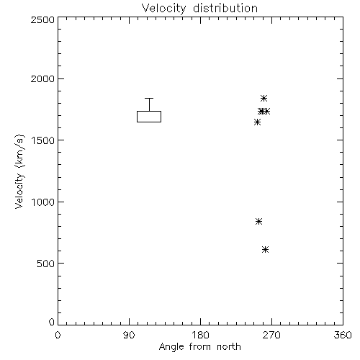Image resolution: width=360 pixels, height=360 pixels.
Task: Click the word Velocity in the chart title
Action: pyautogui.click(x=164, y=9)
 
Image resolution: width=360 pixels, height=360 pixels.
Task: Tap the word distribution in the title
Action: pyautogui.click(x=225, y=8)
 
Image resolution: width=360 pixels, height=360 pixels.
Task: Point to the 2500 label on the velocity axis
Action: pyautogui.click(x=42, y=19)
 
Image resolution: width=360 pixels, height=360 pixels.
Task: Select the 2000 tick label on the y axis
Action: pyautogui.click(x=42, y=78)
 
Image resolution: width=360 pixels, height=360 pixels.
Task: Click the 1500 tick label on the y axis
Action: pyautogui.click(x=43, y=140)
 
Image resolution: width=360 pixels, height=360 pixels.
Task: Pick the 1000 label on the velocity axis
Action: pyautogui.click(x=43, y=202)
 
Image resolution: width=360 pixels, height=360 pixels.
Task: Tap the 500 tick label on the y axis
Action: pyautogui.click(x=46, y=264)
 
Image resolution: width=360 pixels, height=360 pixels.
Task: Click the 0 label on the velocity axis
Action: pyautogui.click(x=52, y=322)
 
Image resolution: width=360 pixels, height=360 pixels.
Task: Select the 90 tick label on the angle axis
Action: pyautogui.click(x=129, y=335)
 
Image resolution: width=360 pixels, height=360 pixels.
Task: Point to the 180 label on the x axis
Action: pyautogui.click(x=200, y=335)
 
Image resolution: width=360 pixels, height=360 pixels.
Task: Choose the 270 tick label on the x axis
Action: pyautogui.click(x=271, y=335)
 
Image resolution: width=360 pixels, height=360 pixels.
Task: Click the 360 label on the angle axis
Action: pyautogui.click(x=343, y=335)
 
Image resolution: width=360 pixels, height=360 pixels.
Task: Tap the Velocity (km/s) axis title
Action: pyautogui.click(x=19, y=171)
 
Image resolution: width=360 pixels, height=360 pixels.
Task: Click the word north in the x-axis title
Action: pyautogui.click(x=229, y=347)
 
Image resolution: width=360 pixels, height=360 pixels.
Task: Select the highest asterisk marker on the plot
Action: pyautogui.click(x=264, y=98)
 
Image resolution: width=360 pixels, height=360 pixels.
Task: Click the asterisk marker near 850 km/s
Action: pyautogui.click(x=258, y=221)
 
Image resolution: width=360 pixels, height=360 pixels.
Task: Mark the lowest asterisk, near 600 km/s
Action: pyautogui.click(x=265, y=250)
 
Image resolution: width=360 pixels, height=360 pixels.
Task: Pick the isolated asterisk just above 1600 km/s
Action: pyautogui.click(x=257, y=122)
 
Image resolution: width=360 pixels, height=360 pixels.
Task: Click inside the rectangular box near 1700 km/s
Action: pyautogui.click(x=149, y=117)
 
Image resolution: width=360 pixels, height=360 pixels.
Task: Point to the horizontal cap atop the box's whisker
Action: pyautogui.click(x=149, y=98)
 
